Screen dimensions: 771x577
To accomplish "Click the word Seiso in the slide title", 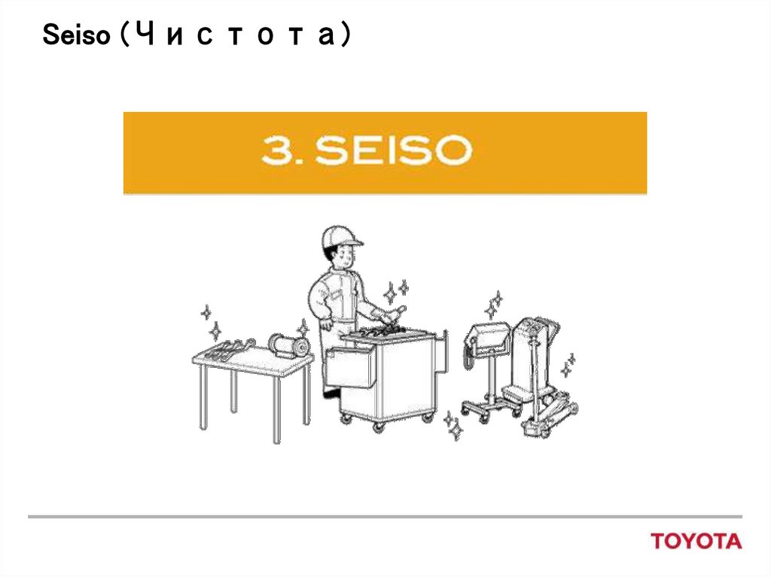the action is (76, 35).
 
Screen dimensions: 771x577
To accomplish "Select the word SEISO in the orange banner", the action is (393, 150).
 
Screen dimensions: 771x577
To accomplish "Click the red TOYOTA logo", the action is (696, 541).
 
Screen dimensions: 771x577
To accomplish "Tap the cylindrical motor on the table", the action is (288, 345).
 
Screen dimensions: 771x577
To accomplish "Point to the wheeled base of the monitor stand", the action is (490, 408).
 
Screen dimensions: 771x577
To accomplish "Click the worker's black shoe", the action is (332, 393).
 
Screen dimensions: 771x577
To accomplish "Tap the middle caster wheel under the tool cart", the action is (378, 427).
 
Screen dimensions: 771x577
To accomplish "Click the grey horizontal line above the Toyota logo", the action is (385, 517).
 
